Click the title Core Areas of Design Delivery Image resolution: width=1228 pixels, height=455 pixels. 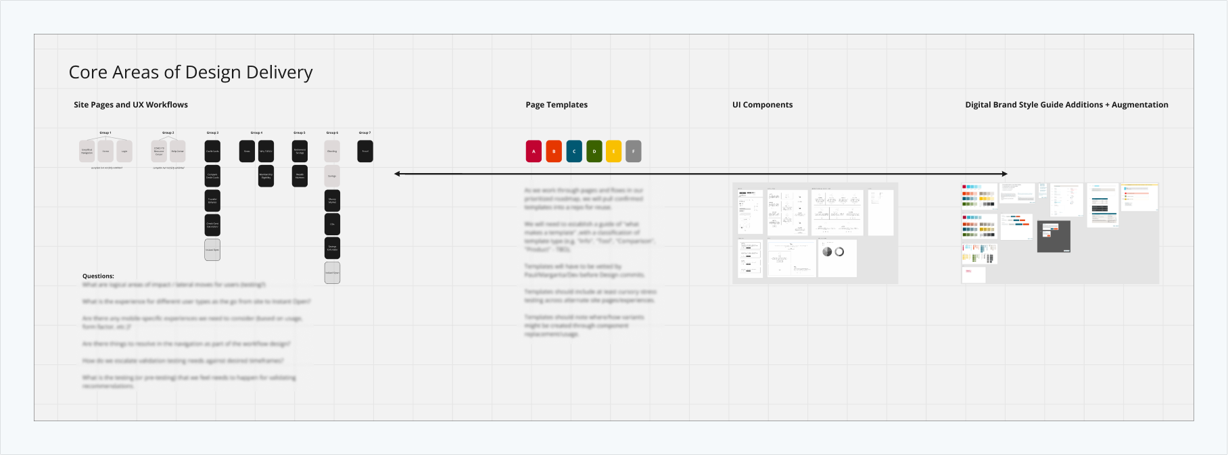pos(191,72)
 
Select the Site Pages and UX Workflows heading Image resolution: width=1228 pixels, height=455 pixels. pos(131,105)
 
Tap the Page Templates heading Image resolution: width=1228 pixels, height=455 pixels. pos(557,105)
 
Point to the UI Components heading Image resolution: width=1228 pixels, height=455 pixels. pos(762,105)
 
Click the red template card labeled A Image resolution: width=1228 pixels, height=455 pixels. pos(534,151)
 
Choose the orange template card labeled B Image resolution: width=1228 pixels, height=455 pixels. pos(554,151)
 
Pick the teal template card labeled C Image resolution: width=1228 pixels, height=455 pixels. pos(574,151)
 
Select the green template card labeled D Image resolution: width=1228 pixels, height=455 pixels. pos(594,151)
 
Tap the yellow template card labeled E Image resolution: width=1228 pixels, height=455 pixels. pos(613,151)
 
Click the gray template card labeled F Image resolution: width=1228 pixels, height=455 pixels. pos(634,151)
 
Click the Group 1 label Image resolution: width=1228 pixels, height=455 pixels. pos(105,133)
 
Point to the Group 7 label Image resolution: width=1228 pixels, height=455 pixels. pos(364,133)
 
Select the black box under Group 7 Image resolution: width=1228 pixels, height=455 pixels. pos(365,151)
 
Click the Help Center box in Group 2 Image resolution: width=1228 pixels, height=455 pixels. pos(177,151)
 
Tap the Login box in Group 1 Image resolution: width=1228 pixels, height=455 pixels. pos(124,151)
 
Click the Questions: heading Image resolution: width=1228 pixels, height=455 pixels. pos(98,276)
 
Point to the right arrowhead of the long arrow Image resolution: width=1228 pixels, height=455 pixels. pos(1005,174)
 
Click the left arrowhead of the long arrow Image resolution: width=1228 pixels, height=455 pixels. pos(398,174)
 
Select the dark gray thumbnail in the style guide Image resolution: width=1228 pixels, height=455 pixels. pos(1054,236)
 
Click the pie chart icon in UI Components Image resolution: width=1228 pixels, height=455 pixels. pos(827,252)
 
